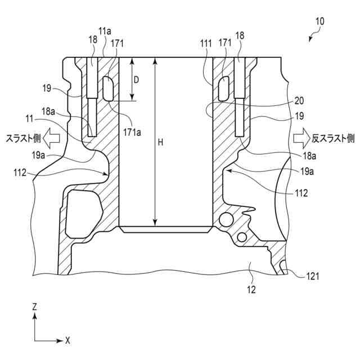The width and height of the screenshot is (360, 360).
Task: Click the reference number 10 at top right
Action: (x=319, y=22)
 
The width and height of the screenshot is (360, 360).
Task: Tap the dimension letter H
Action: (x=160, y=143)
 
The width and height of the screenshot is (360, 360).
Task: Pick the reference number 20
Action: (x=299, y=101)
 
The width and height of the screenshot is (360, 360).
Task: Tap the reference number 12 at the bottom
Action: (x=251, y=290)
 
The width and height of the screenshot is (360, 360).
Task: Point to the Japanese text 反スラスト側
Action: (x=333, y=138)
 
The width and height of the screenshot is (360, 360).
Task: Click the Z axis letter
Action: (x=35, y=307)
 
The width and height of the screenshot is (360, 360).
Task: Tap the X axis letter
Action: (x=67, y=340)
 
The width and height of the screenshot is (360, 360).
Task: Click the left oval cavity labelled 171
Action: (x=110, y=88)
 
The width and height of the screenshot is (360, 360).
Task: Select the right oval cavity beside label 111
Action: (x=223, y=86)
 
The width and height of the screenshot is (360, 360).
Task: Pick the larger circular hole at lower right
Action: (x=226, y=218)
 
